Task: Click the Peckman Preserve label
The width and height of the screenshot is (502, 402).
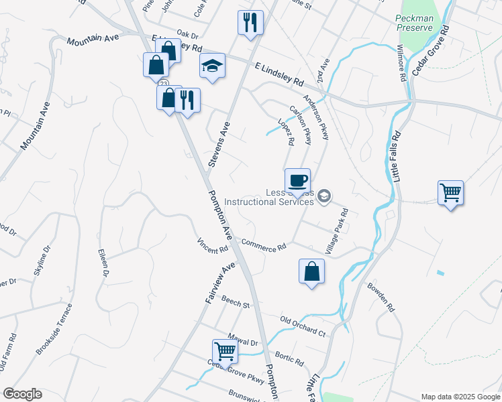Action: (x=421, y=24)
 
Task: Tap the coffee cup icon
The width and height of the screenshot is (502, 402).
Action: (x=297, y=180)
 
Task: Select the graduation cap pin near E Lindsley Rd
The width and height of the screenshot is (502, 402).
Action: (x=212, y=66)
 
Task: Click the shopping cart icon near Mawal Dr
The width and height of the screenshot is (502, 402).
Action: (x=225, y=350)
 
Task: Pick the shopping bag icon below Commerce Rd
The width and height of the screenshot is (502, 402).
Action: (x=311, y=271)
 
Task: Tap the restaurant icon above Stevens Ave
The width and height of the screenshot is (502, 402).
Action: (x=250, y=23)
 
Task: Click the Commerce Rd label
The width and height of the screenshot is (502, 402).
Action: (x=264, y=246)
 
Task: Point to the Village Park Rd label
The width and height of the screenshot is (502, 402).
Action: (x=337, y=231)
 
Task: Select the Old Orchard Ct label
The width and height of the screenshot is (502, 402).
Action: (x=303, y=326)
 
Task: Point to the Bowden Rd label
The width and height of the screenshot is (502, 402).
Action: (x=380, y=295)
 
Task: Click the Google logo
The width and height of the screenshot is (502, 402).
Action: (x=22, y=394)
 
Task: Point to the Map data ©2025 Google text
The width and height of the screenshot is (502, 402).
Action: (x=460, y=397)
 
